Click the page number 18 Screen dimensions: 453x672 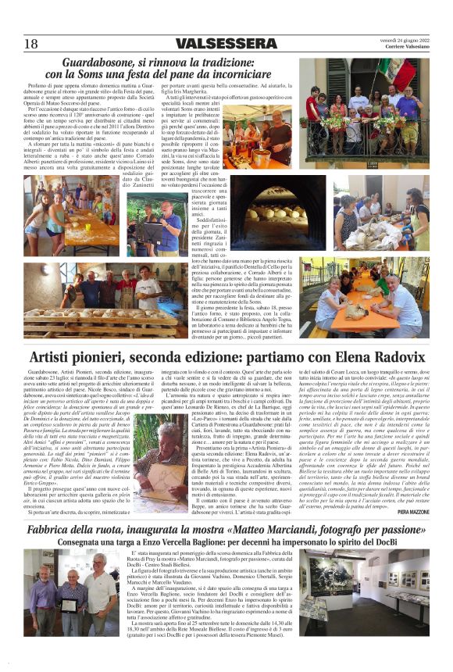click(31, 43)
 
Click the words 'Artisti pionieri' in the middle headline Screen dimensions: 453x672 click(77, 359)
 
